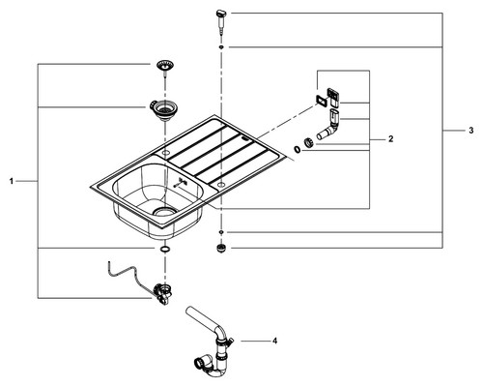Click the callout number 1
[12, 182]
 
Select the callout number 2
[391, 139]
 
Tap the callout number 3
[471, 131]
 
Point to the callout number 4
[274, 341]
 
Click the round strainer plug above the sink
[165, 67]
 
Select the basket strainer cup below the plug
[163, 109]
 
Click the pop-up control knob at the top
[221, 21]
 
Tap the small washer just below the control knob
[221, 47]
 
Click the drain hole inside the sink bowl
[165, 211]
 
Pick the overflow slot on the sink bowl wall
[180, 183]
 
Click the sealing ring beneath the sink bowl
[165, 249]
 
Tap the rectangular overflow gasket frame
[321, 101]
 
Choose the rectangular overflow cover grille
[333, 98]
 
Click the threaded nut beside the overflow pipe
[308, 142]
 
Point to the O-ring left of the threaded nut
[297, 150]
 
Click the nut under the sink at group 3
[221, 249]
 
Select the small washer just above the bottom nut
[221, 232]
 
